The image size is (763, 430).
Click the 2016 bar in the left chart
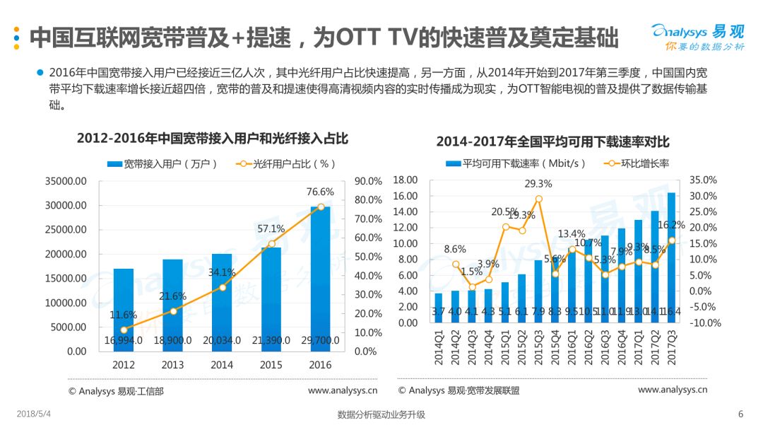pyautogui.click(x=320, y=276)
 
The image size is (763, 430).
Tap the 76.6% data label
pyautogui.click(x=320, y=192)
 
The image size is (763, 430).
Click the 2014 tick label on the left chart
pyautogui.click(x=222, y=365)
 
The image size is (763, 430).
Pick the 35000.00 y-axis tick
pyautogui.click(x=66, y=181)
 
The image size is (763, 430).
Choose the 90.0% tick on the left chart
pyautogui.click(x=368, y=181)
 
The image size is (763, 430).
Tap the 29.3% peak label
pyautogui.click(x=538, y=184)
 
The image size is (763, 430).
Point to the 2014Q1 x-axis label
pyautogui.click(x=439, y=347)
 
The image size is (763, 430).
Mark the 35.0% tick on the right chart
pyautogui.click(x=703, y=180)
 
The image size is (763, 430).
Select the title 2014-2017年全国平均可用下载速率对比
pyautogui.click(x=552, y=142)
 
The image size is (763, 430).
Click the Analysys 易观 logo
pyautogui.click(x=697, y=35)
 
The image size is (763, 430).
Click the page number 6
pyautogui.click(x=740, y=414)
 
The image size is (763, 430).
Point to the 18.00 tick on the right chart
pyautogui.click(x=406, y=180)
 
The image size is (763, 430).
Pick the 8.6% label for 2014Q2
pyautogui.click(x=455, y=249)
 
